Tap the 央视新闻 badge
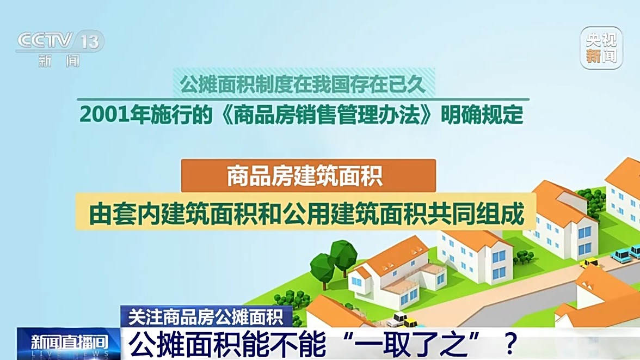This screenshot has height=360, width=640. click(x=601, y=48)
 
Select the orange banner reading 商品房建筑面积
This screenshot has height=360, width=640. click(x=308, y=175)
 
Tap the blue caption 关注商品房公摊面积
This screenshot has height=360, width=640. click(x=207, y=316)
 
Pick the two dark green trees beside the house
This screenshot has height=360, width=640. click(x=333, y=261)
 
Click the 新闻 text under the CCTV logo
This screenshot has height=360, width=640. click(x=59, y=60)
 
